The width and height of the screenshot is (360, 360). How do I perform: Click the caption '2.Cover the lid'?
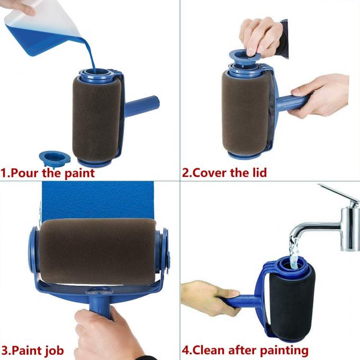coord(224,173)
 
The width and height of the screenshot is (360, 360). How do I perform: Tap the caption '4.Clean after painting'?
coord(245,350)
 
